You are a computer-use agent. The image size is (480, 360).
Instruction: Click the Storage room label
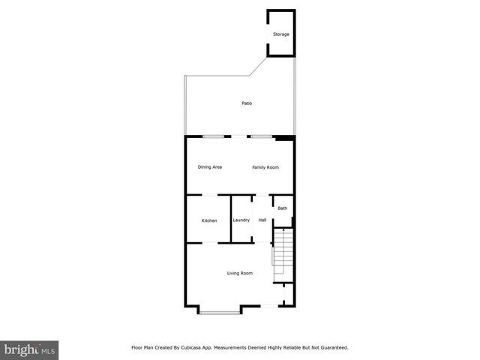(280, 34)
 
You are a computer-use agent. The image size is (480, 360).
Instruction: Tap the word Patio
(246, 103)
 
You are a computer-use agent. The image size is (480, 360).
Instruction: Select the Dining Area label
(209, 167)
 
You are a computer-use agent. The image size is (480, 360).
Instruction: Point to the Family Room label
(265, 167)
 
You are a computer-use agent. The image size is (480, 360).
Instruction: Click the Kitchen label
(209, 220)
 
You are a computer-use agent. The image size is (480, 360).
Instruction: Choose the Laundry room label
(241, 220)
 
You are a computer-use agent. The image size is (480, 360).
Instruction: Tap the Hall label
(262, 220)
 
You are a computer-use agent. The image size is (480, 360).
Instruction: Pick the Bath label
(282, 208)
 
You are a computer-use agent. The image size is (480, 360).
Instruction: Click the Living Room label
(239, 273)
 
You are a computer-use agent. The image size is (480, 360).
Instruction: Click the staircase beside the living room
(282, 256)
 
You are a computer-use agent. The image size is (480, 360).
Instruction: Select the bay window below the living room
(219, 310)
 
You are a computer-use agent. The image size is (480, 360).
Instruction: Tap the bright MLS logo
(30, 349)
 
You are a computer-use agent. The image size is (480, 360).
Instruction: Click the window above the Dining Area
(214, 136)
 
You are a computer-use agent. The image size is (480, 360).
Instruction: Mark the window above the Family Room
(260, 136)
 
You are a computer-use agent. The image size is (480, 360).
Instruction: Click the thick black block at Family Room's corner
(284, 138)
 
